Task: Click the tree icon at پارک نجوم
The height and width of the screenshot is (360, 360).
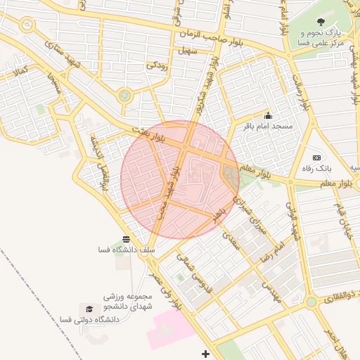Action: (321, 22)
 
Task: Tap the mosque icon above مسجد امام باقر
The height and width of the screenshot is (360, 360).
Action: (267, 115)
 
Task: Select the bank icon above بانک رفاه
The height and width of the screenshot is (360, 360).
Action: (316, 157)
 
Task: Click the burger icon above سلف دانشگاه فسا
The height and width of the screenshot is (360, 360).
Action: (126, 239)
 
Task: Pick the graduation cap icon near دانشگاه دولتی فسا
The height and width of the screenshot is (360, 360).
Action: (89, 309)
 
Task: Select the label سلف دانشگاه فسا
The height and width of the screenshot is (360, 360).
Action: (127, 250)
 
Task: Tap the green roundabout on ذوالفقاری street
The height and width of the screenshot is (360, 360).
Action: (311, 302)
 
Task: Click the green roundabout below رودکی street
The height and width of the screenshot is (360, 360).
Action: (125, 95)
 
